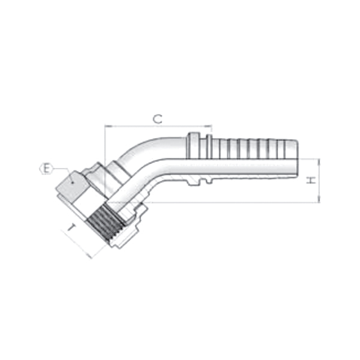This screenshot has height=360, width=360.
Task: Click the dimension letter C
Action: coord(157,119)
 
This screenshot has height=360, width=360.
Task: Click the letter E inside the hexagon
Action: coord(44,169)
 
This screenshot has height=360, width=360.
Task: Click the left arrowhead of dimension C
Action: coord(107,127)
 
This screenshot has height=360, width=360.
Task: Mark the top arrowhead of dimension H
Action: coord(319,161)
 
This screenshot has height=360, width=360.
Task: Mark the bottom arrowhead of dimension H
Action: coord(319,201)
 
